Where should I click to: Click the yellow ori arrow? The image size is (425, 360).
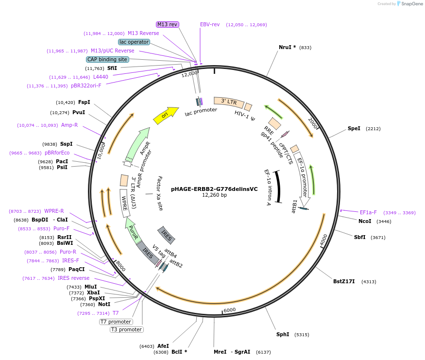[166, 115]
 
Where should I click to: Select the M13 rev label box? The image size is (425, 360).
[168, 24]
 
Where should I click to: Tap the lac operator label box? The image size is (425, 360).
[134, 42]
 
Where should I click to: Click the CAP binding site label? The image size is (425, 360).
[107, 59]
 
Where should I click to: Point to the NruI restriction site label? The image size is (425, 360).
[287, 47]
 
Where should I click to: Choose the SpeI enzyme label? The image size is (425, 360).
[354, 128]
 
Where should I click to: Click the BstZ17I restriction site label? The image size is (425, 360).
[344, 281]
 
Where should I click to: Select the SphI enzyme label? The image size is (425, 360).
[283, 334]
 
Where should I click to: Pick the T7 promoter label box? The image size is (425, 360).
[116, 322]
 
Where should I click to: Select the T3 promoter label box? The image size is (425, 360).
[126, 329]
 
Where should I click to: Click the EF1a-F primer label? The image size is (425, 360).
[368, 212]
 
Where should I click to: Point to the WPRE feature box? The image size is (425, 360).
[125, 203]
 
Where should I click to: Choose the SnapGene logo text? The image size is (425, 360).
[409, 4]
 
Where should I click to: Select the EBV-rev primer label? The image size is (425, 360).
[210, 24]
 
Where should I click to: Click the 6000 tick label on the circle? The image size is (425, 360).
[229, 310]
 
